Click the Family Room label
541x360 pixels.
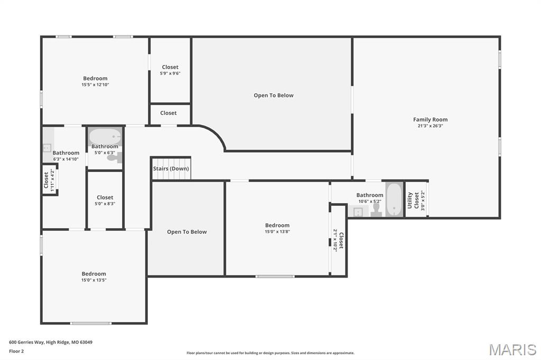[x=430, y=120]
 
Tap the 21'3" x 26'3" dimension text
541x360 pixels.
[x=430, y=126]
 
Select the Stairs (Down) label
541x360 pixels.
[x=171, y=169]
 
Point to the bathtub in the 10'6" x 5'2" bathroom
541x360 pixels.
[x=394, y=200]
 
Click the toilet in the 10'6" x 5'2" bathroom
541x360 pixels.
[x=376, y=211]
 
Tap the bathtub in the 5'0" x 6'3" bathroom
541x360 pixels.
[x=105, y=136]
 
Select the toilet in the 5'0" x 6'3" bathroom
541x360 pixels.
[x=118, y=157]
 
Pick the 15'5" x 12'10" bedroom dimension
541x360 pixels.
[x=95, y=84]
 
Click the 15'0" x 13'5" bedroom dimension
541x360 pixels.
[x=94, y=280]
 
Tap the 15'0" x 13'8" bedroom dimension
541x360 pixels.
[x=277, y=232]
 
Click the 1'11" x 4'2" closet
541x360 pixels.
[x=49, y=180]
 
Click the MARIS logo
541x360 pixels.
[x=512, y=349]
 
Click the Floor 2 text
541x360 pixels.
[x=17, y=351]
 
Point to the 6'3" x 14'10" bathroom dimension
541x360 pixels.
[x=66, y=159]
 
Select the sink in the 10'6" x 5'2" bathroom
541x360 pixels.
[x=358, y=212]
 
